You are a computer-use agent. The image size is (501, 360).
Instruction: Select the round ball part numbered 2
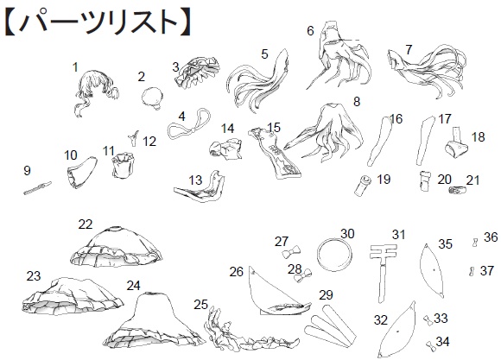pyautogui.click(x=154, y=95)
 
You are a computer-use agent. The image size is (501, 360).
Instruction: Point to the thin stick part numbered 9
pyautogui.click(x=39, y=186)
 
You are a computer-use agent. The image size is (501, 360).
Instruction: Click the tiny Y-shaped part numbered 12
pyautogui.click(x=134, y=136)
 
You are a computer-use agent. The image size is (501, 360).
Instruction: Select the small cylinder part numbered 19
pyautogui.click(x=366, y=182)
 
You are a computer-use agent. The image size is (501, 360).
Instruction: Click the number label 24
pyautogui.click(x=133, y=285)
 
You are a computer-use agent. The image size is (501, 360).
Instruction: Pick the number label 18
pyautogui.click(x=478, y=136)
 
